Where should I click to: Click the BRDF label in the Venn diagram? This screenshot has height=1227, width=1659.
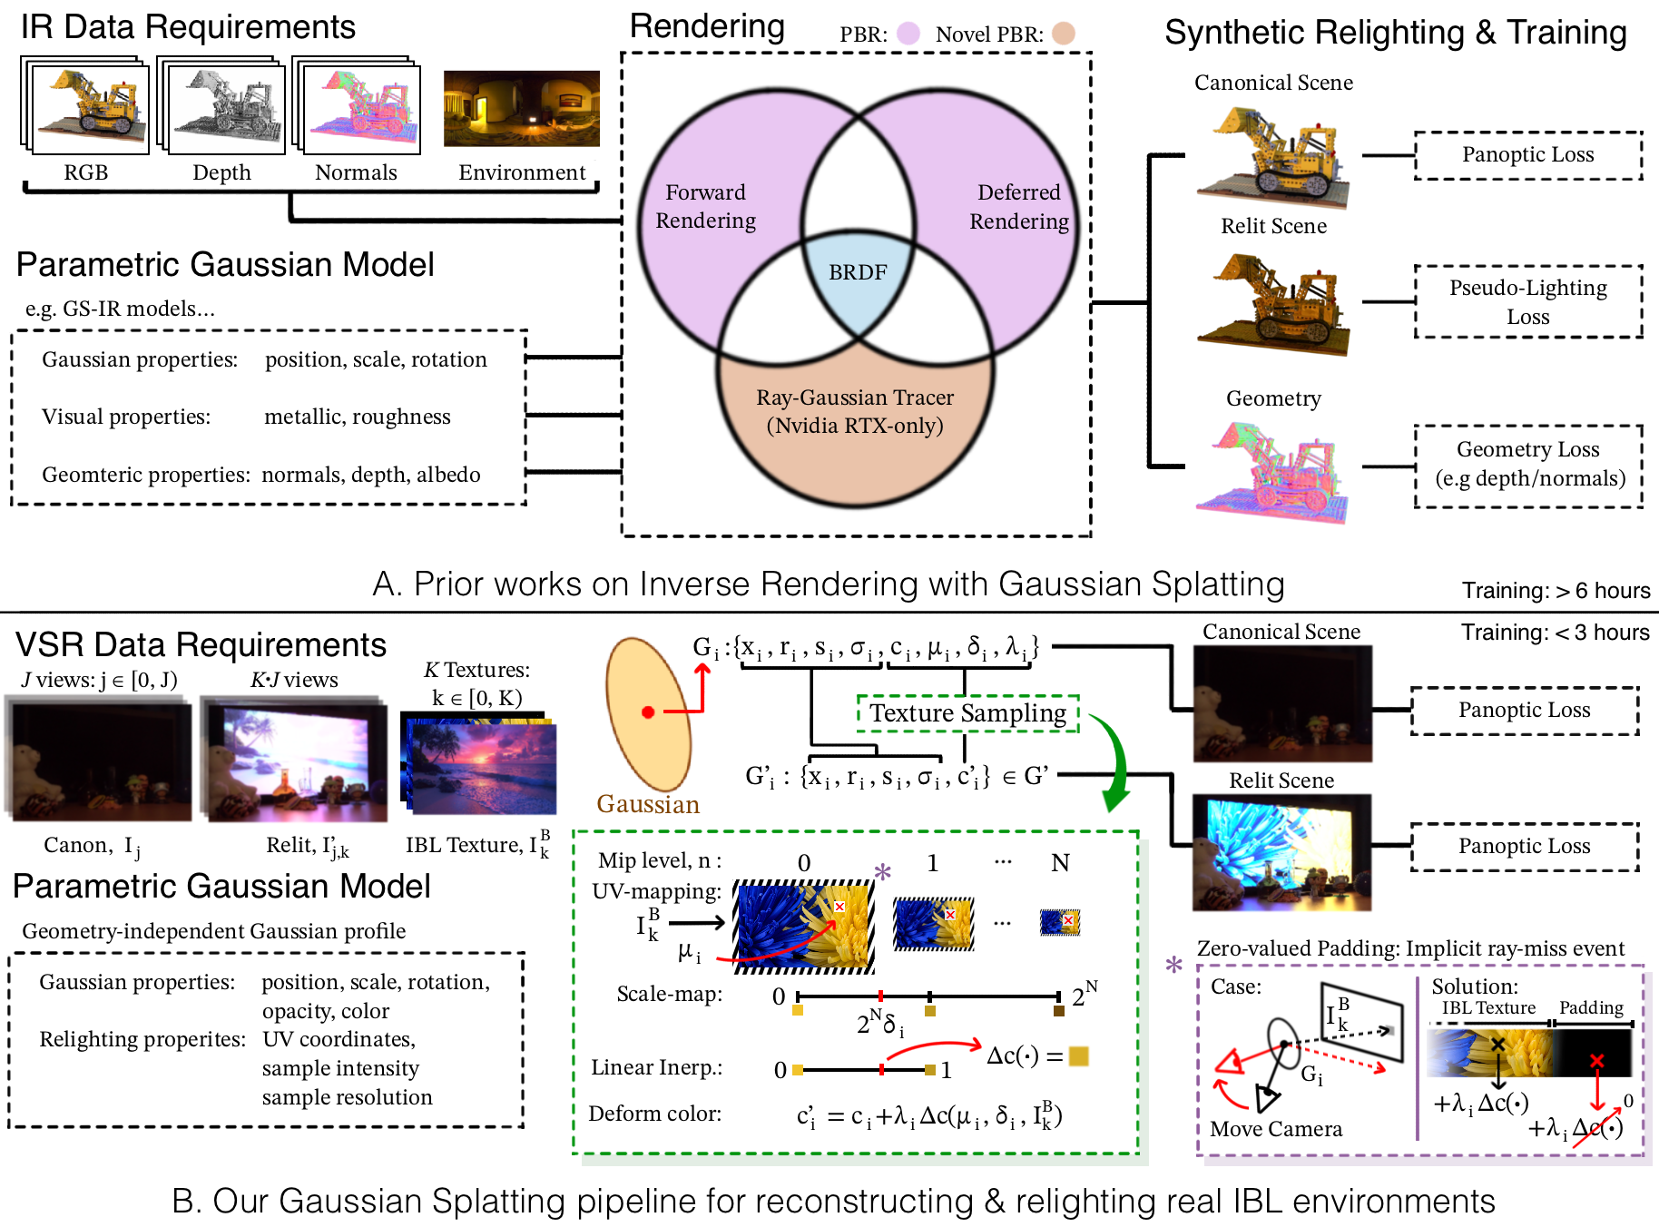click(x=858, y=272)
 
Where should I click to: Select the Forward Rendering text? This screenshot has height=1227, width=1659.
click(x=705, y=207)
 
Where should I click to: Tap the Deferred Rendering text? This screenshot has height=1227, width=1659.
click(x=1018, y=207)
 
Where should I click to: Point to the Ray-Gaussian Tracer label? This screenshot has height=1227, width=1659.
click(x=855, y=411)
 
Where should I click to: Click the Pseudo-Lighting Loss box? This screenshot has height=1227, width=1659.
click(x=1527, y=302)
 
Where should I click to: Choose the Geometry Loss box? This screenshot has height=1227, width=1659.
click(x=1529, y=465)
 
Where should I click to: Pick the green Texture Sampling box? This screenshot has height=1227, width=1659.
click(x=967, y=713)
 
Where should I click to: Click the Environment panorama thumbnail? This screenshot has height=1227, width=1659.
click(x=521, y=109)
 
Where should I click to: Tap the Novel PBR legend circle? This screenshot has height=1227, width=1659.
click(x=1064, y=34)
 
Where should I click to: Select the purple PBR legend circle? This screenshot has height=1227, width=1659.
click(x=908, y=34)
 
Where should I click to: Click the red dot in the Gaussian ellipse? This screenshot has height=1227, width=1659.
click(x=648, y=712)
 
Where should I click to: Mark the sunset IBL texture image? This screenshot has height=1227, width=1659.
click(x=481, y=765)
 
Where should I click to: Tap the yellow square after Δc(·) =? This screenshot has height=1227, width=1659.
click(x=1078, y=1055)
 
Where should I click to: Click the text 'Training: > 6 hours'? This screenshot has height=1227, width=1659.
click(x=1556, y=591)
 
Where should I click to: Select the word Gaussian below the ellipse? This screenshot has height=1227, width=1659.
click(x=648, y=804)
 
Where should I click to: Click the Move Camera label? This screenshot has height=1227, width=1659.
click(x=1275, y=1129)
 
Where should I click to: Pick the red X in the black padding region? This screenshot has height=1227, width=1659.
click(x=1596, y=1060)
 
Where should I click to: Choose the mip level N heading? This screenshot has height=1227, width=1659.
click(x=1060, y=862)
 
